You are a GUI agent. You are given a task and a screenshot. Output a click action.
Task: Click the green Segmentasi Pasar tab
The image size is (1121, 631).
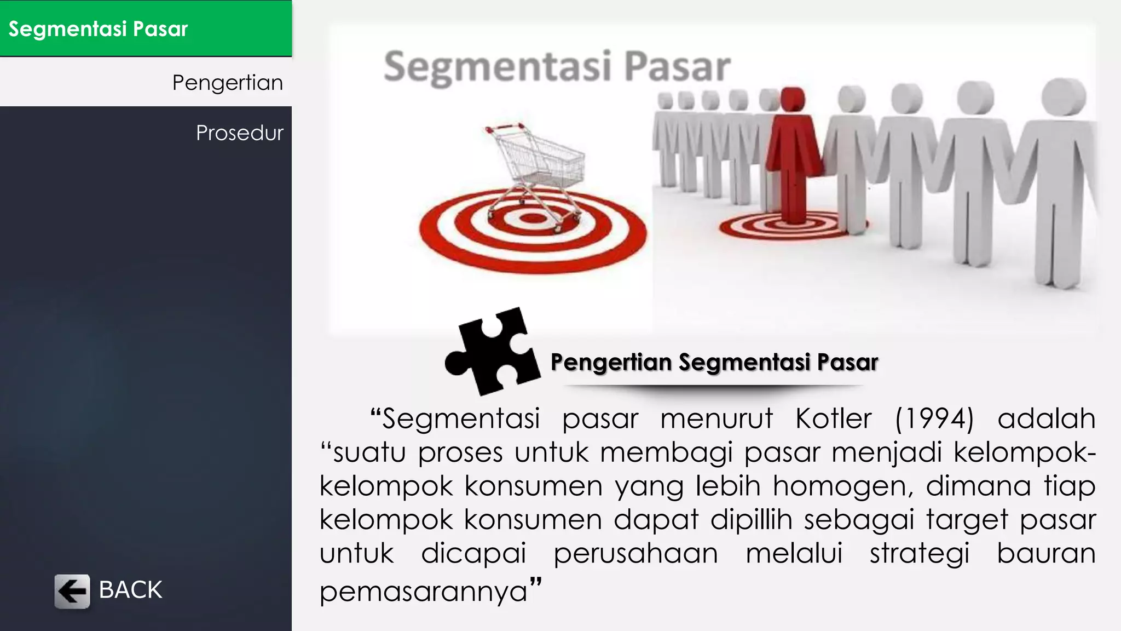pyautogui.click(x=146, y=28)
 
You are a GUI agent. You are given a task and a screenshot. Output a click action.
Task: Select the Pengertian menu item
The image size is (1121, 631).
pyautogui.click(x=227, y=83)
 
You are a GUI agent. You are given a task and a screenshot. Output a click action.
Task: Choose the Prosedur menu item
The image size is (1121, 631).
pyautogui.click(x=239, y=133)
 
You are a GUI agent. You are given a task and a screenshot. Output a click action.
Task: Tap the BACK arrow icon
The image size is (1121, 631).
pyautogui.click(x=72, y=591)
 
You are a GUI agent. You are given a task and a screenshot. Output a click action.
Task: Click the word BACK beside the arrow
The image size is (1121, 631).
pyautogui.click(x=130, y=590)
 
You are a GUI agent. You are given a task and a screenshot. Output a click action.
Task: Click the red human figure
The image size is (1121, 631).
pyautogui.click(x=792, y=159)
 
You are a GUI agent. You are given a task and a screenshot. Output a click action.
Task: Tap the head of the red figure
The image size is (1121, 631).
pyautogui.click(x=793, y=99)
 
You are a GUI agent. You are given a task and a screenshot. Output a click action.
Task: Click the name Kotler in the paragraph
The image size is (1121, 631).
pyautogui.click(x=833, y=419)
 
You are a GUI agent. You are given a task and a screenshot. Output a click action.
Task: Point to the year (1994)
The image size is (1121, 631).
pyautogui.click(x=934, y=419)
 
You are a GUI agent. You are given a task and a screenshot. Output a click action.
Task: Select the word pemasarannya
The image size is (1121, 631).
pyautogui.click(x=423, y=592)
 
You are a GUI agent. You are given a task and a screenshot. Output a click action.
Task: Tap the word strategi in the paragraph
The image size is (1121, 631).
pyautogui.click(x=920, y=553)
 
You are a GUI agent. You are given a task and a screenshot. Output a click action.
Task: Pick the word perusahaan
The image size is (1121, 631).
pyautogui.click(x=635, y=553)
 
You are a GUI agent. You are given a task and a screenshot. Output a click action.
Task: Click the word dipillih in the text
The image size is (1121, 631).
pyautogui.click(x=751, y=520)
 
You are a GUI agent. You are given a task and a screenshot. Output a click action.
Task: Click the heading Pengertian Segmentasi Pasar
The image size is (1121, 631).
pyautogui.click(x=714, y=363)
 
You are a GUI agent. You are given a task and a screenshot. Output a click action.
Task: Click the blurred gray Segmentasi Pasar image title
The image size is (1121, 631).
pyautogui.click(x=557, y=67)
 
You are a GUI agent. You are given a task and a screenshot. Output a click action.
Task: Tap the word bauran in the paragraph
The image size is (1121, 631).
pyautogui.click(x=1046, y=553)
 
